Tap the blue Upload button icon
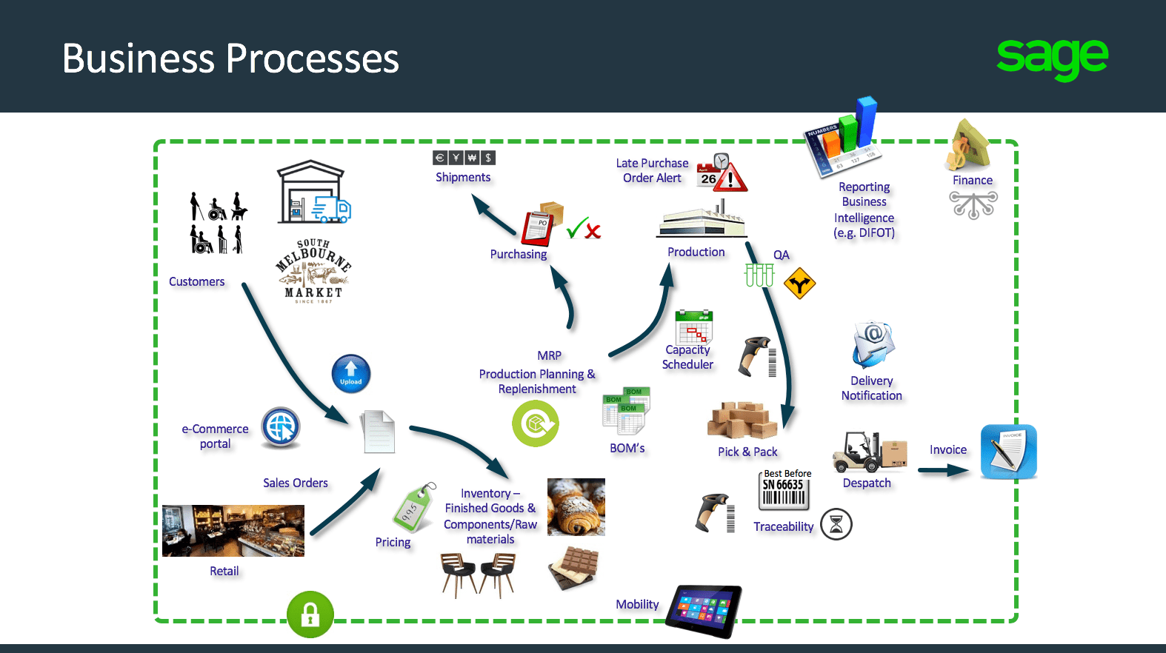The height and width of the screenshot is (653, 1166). coord(351,373)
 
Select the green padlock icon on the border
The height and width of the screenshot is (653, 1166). coord(310,615)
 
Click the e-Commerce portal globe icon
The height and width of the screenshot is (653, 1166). coord(281,427)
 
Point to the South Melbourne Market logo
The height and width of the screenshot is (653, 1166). coord(313,270)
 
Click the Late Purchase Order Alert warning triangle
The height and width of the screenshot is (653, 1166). coord(731,178)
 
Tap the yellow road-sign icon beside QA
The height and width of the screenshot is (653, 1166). coord(799,284)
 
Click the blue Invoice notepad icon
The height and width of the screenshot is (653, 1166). coord(1008,452)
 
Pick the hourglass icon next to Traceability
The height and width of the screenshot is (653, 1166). coord(836,524)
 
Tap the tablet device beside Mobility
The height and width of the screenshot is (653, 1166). coord(704,610)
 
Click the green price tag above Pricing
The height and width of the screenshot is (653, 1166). coord(413,508)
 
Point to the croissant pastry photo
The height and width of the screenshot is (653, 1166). coord(576,506)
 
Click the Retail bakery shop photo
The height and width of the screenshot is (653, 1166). coord(233,531)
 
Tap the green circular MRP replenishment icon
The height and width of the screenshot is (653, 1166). coord(536,423)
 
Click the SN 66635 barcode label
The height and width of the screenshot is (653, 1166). coord(784,490)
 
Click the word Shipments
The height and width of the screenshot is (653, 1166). coord(463,177)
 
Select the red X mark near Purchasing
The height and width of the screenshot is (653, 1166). coord(593,231)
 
